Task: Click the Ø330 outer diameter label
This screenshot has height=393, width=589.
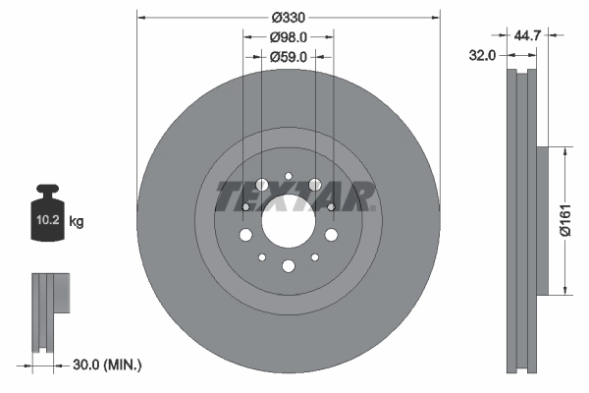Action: pyautogui.click(x=288, y=19)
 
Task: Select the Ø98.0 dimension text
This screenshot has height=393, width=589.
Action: pyautogui.click(x=289, y=37)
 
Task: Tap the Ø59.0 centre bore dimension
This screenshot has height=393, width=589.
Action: pyautogui.click(x=289, y=57)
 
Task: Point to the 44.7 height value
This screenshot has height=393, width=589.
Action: pyautogui.click(x=529, y=36)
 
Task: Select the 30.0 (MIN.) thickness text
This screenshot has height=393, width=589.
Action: pyautogui.click(x=108, y=365)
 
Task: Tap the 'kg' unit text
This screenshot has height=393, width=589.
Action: pyautogui.click(x=77, y=222)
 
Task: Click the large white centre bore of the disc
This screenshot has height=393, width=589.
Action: pyautogui.click(x=289, y=221)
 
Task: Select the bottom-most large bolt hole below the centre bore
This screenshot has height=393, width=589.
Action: pyautogui.click(x=289, y=266)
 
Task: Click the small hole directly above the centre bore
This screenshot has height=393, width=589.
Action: pyautogui.click(x=289, y=177)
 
